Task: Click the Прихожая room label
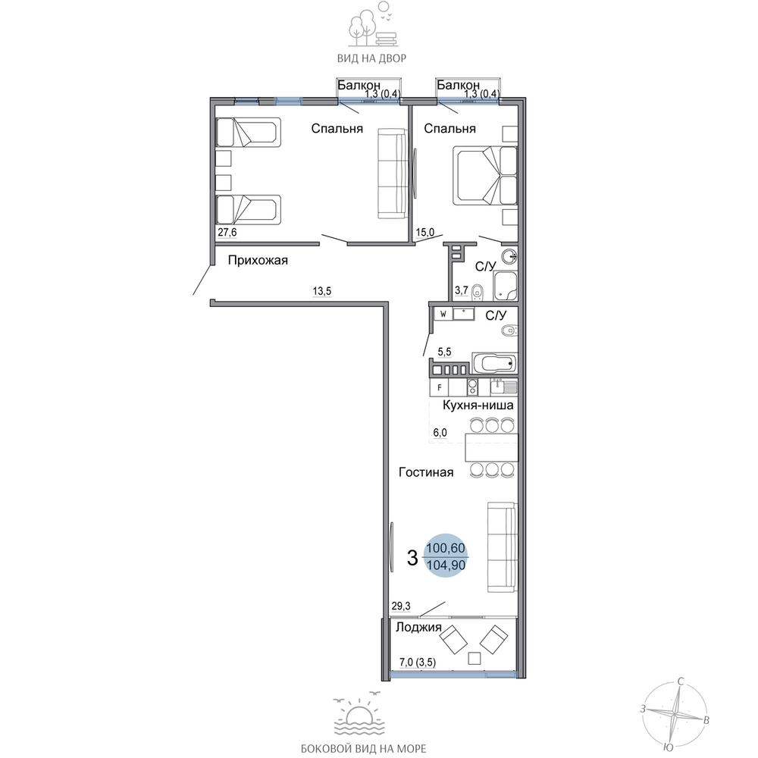pos(258,261)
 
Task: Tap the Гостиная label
pos(426,472)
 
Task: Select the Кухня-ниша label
pos(478,405)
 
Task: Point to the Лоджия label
pos(418,628)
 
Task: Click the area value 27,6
pos(227,233)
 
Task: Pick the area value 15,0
pos(425,233)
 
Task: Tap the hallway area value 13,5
pos(322,291)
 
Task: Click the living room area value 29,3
pos(401,606)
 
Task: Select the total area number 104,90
pos(446,565)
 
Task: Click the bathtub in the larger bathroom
pos(494,363)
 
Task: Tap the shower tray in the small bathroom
pos(505,287)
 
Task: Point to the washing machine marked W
pos(443,314)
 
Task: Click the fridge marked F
pos(440,387)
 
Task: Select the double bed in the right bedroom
pos(485,176)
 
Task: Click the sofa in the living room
pos(501,547)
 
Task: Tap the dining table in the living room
pos(491,448)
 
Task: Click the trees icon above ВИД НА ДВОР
pos(373,24)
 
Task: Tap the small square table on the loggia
pos(475,658)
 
